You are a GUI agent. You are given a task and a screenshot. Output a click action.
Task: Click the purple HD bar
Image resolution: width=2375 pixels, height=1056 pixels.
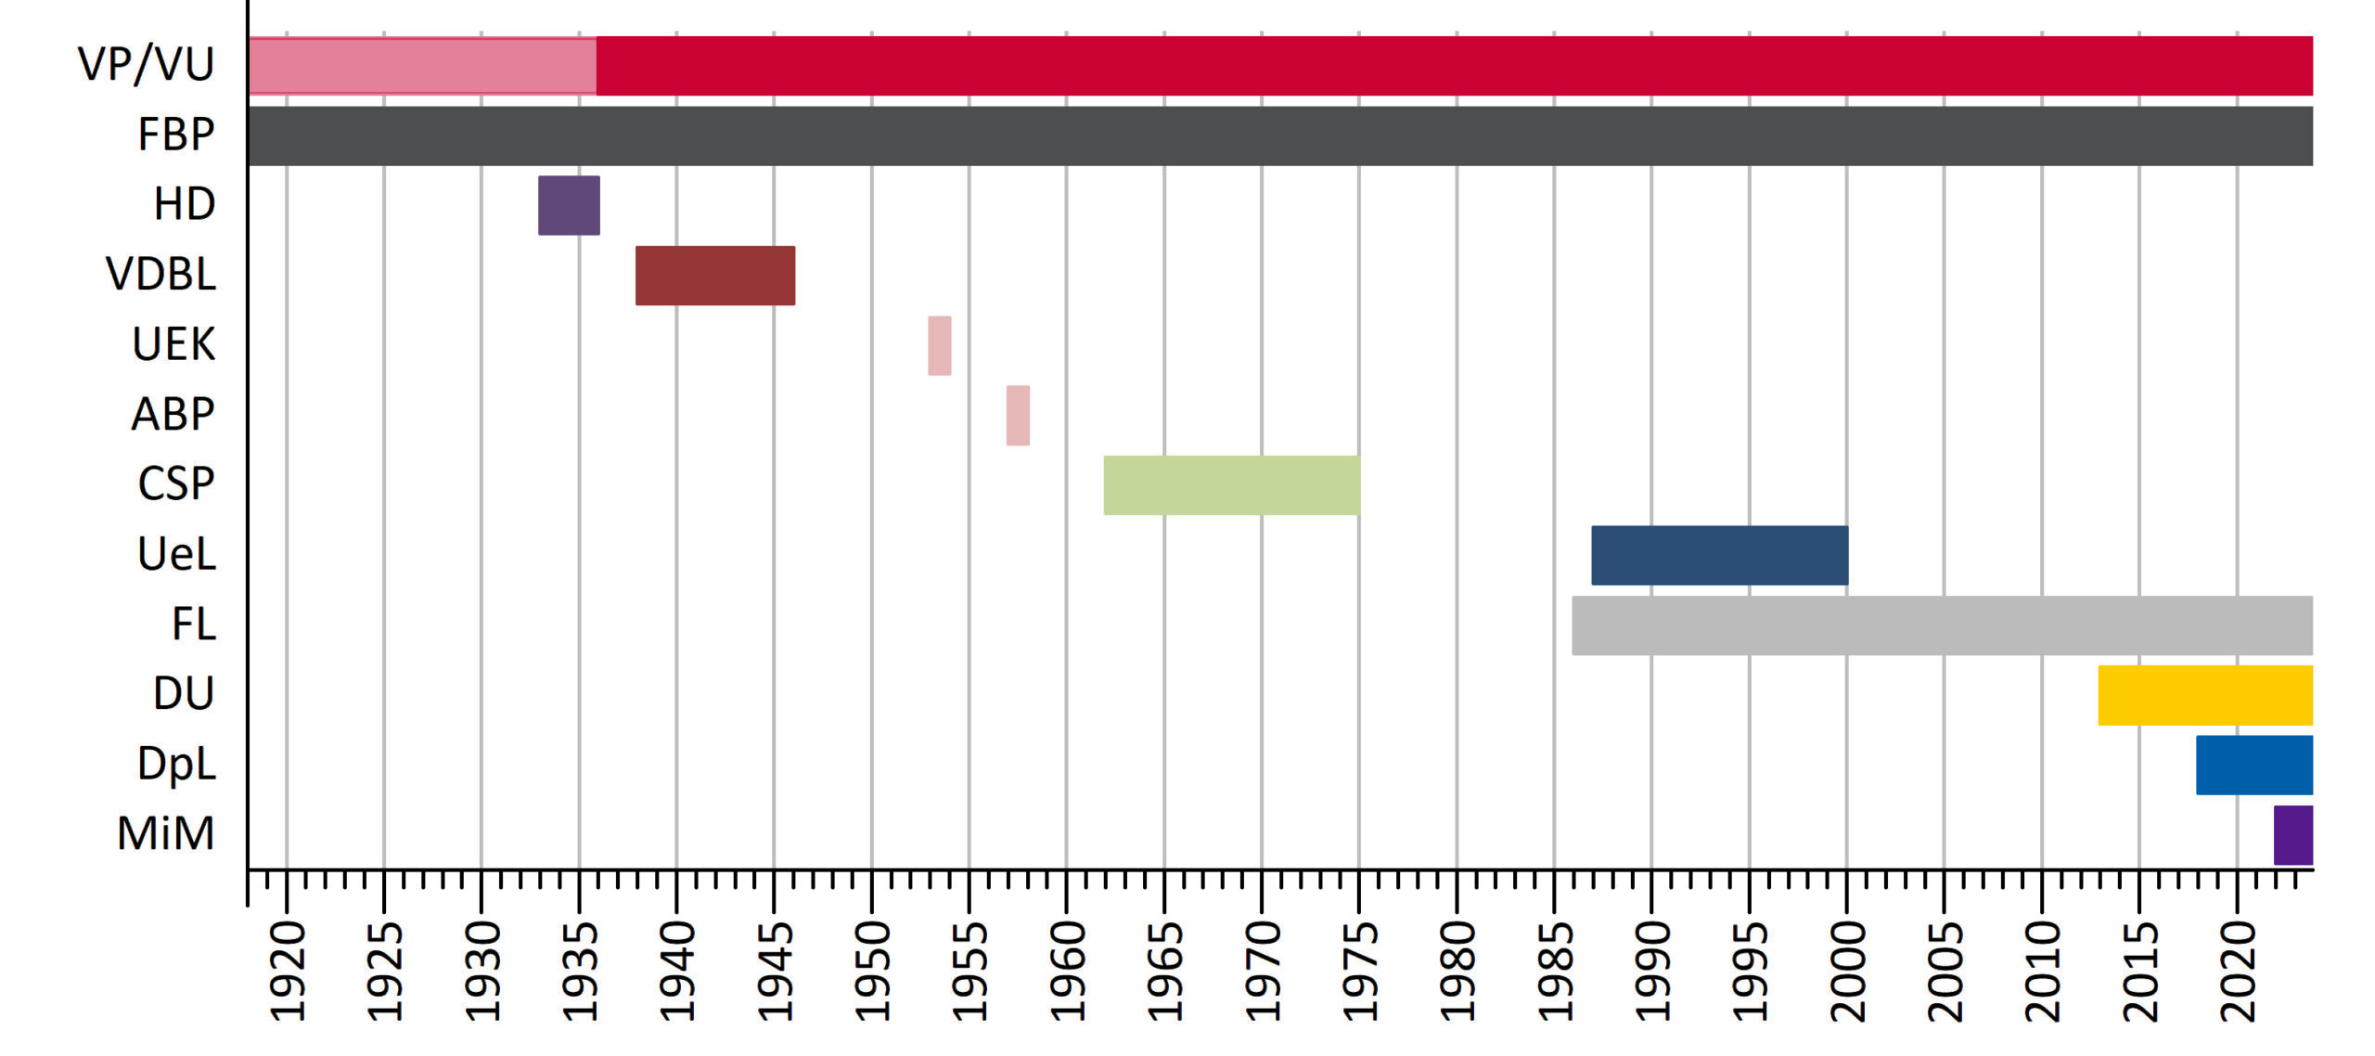pyautogui.click(x=569, y=205)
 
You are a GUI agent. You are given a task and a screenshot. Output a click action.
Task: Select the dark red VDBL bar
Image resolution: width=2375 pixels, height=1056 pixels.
pyautogui.click(x=714, y=276)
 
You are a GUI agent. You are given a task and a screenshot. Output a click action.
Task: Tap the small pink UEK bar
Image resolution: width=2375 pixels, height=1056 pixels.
pyautogui.click(x=939, y=345)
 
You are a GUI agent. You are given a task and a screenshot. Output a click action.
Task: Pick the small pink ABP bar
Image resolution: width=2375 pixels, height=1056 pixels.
pyautogui.click(x=1018, y=415)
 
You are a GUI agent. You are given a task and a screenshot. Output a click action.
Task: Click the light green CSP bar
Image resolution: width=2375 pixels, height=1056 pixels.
pyautogui.click(x=1231, y=485)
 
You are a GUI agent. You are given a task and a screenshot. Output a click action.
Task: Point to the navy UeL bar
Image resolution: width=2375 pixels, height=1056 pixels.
pyautogui.click(x=1719, y=555)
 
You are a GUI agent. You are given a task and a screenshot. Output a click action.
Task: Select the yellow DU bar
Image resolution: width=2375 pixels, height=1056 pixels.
pyautogui.click(x=2205, y=695)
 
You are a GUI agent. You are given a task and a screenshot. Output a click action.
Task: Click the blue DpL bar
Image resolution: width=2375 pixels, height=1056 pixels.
pyautogui.click(x=2253, y=765)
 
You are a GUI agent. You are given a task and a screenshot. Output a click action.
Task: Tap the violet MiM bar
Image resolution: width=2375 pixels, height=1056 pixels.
pyautogui.click(x=2292, y=835)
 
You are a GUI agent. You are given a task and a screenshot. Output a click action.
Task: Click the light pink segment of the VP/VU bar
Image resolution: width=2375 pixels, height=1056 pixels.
pyautogui.click(x=422, y=66)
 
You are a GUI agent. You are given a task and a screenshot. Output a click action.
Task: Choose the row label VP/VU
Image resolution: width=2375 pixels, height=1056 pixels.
pyautogui.click(x=146, y=64)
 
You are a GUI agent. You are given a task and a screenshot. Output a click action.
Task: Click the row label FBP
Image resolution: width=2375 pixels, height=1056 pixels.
pyautogui.click(x=175, y=135)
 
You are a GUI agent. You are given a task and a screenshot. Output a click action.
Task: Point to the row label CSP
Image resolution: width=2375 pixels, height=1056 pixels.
pyautogui.click(x=175, y=484)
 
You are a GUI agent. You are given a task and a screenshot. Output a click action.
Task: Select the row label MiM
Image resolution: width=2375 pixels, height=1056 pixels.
pyautogui.click(x=165, y=833)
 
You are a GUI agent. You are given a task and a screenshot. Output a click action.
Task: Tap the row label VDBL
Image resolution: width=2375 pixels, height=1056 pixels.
pyautogui.click(x=160, y=275)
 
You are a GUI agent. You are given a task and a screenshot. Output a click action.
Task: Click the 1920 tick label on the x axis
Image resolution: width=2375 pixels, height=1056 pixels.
pyautogui.click(x=287, y=971)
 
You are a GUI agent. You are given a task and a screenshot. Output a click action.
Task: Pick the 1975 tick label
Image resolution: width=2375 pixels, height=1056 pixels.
pyautogui.click(x=1359, y=971)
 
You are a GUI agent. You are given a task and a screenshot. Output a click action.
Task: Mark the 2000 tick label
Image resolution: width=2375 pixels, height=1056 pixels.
pyautogui.click(x=1847, y=971)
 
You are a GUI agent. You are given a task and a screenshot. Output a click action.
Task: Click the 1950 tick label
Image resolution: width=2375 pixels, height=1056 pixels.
pyautogui.click(x=872, y=971)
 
